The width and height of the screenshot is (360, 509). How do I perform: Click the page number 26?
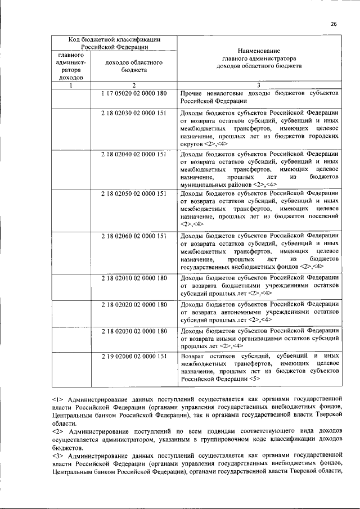(334, 24)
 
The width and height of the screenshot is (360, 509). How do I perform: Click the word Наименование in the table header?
(259, 50)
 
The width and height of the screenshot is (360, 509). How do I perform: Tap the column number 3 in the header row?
(259, 85)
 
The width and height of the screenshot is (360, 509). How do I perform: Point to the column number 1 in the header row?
(71, 85)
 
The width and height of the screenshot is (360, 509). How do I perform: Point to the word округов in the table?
(192, 144)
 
